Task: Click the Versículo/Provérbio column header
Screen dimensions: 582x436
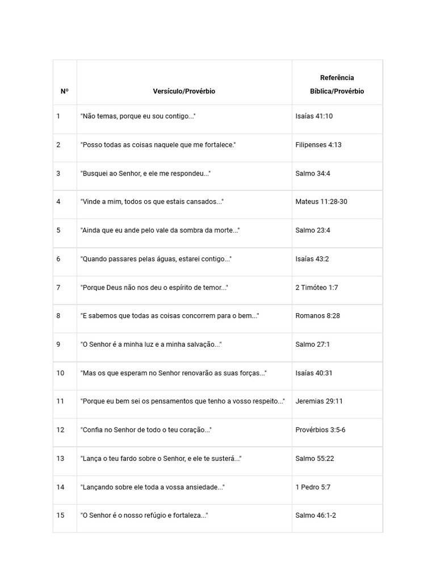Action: click(x=184, y=91)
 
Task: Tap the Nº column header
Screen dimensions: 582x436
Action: click(x=65, y=91)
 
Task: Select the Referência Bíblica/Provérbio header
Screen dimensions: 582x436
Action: click(x=337, y=84)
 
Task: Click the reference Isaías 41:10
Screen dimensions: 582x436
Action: click(x=314, y=116)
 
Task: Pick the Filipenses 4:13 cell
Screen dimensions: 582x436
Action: click(x=318, y=145)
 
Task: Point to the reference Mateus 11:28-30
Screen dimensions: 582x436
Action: click(x=321, y=202)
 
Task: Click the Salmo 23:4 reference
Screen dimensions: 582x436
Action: click(x=313, y=230)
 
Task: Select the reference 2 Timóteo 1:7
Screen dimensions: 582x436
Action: click(x=316, y=288)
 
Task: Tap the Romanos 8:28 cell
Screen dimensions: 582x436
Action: click(x=317, y=316)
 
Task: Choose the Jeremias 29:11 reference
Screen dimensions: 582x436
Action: click(x=318, y=401)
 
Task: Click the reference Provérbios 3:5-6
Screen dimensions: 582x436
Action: click(x=320, y=430)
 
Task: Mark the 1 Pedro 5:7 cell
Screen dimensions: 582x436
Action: click(x=313, y=487)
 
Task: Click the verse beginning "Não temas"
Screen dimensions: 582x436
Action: click(x=138, y=116)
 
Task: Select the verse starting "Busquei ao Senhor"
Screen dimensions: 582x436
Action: click(x=145, y=173)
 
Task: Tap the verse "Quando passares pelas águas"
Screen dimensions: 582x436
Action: click(x=156, y=259)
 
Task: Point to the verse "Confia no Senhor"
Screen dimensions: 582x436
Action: click(x=146, y=430)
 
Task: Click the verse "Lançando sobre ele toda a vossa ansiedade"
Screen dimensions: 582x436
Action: click(x=152, y=487)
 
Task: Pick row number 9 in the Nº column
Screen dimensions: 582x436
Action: click(x=58, y=344)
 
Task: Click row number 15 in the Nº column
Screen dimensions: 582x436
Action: click(x=60, y=516)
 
